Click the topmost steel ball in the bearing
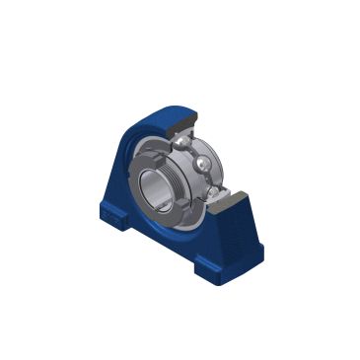point(183,142)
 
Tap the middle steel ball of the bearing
point(202,163)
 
